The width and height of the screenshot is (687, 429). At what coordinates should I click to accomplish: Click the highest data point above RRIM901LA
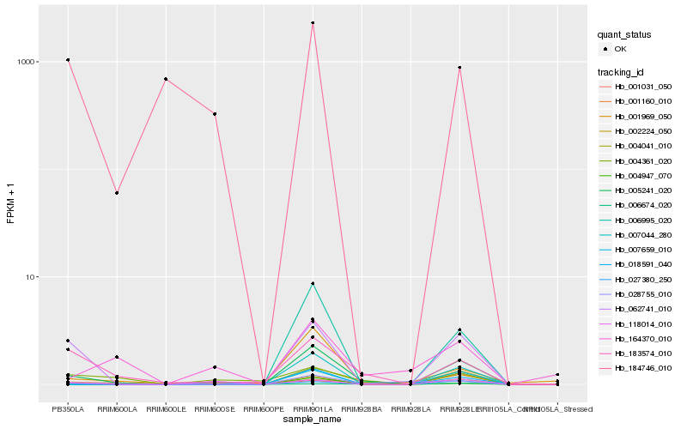click(313, 23)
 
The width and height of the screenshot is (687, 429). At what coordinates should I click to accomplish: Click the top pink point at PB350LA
click(68, 60)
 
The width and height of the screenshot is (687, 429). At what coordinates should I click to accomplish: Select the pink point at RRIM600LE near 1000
click(166, 79)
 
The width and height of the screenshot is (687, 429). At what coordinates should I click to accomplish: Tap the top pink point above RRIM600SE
click(215, 114)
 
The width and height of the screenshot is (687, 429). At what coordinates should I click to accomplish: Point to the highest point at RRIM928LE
click(459, 68)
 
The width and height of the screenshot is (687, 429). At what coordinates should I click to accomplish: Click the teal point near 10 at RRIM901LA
click(313, 284)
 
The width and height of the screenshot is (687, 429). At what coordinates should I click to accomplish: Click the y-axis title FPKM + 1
click(11, 202)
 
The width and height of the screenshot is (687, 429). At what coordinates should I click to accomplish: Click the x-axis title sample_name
click(313, 420)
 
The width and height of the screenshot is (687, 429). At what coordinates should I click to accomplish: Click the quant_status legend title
click(624, 34)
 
